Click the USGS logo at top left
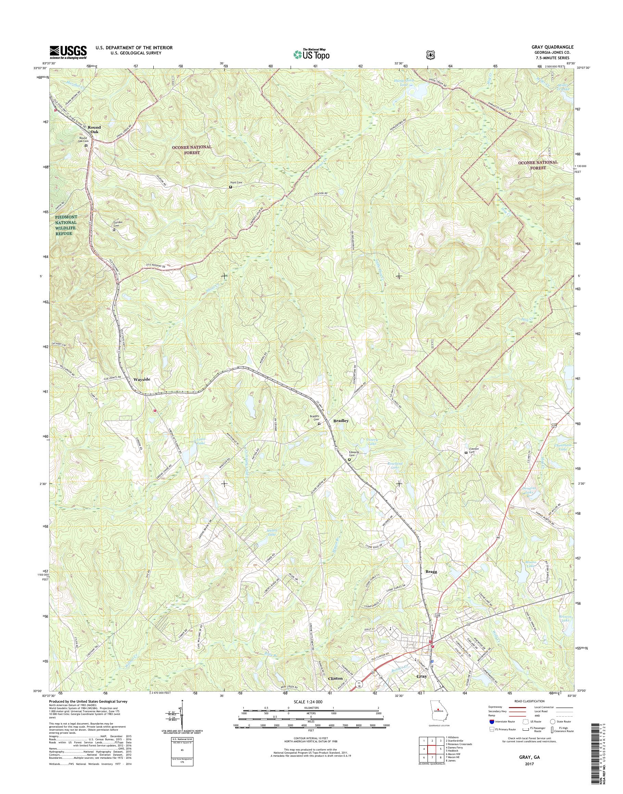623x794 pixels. click(68, 51)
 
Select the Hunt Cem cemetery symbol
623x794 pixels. click(230, 187)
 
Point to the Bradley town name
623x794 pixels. click(341, 421)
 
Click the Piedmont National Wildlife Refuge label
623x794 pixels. click(66, 225)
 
